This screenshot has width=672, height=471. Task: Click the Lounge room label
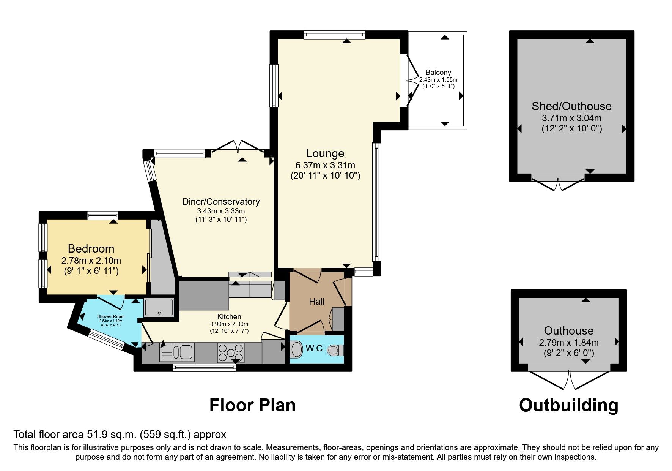pyautogui.click(x=325, y=153)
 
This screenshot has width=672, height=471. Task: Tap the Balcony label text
pyautogui.click(x=438, y=72)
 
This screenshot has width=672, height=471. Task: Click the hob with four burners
pyautogui.click(x=230, y=352)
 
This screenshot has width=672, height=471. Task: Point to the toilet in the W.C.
pyautogui.click(x=335, y=350)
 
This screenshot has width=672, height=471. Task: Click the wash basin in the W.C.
pyautogui.click(x=296, y=349)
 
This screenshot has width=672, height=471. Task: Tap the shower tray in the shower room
pyautogui.click(x=159, y=307)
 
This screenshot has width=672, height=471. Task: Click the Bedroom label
pyautogui.click(x=91, y=249)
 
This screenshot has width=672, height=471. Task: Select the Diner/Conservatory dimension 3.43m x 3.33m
pyautogui.click(x=221, y=211)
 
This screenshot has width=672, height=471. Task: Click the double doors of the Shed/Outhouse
pyautogui.click(x=558, y=184)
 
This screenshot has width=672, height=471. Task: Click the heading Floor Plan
pyautogui.click(x=252, y=405)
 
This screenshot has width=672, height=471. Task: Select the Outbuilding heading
pyautogui.click(x=568, y=405)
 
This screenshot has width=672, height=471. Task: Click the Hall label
pyautogui.click(x=316, y=302)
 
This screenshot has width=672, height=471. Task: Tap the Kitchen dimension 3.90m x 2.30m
pyautogui.click(x=229, y=324)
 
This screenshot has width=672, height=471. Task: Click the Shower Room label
pyautogui.click(x=111, y=316)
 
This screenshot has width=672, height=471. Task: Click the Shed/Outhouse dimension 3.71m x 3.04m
pyautogui.click(x=572, y=118)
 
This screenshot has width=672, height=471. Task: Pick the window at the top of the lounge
pyautogui.click(x=334, y=35)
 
